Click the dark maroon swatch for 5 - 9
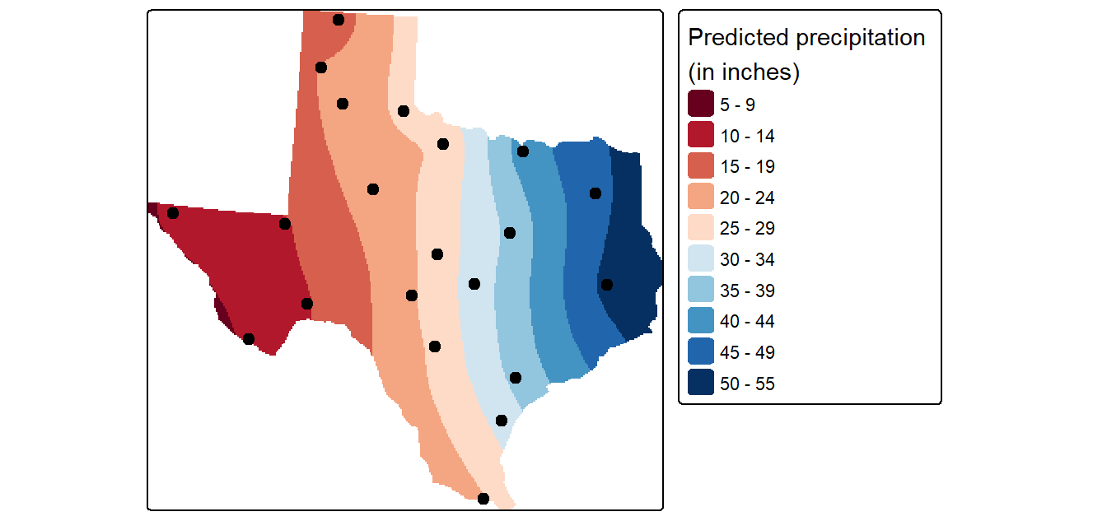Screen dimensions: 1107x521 click(701, 104)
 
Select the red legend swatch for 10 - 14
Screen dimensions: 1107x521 click(701, 134)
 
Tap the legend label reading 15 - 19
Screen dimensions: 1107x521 click(747, 167)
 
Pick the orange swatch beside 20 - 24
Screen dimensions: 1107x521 click(701, 197)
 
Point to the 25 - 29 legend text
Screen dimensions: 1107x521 click(747, 229)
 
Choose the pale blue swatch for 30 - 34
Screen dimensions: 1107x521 click(701, 258)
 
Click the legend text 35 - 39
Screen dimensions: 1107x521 click(747, 291)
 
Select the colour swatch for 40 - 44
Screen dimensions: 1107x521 click(701, 320)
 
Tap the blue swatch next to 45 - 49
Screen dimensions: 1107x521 click(701, 351)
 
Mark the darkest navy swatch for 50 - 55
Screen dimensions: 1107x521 click(701, 382)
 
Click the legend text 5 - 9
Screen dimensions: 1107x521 click(737, 105)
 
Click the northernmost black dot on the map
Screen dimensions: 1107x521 click(338, 20)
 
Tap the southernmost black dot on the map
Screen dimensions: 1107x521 click(483, 499)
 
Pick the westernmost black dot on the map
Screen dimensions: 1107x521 click(172, 213)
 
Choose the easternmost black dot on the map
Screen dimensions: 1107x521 click(607, 285)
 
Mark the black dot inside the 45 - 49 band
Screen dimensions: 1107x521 click(596, 193)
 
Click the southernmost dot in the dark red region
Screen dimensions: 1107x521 click(249, 339)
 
